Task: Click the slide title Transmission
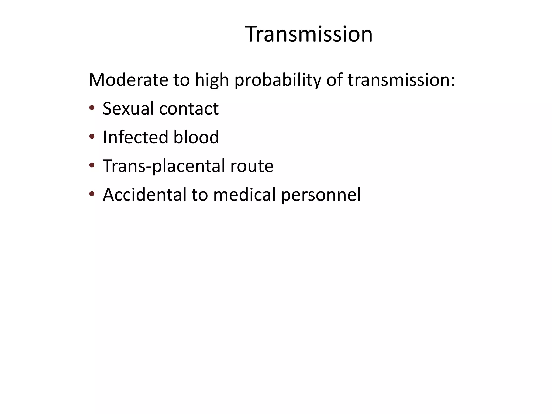click(309, 34)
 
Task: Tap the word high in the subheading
click(212, 80)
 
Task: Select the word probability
click(278, 80)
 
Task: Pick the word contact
click(189, 109)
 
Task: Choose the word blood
click(196, 137)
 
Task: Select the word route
click(252, 166)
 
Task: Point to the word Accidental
click(144, 195)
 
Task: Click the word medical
click(244, 195)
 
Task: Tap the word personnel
click(321, 195)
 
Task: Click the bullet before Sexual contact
click(92, 108)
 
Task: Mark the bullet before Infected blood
click(92, 137)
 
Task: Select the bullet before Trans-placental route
click(92, 165)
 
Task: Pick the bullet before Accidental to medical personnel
click(92, 194)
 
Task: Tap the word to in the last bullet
click(200, 195)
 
